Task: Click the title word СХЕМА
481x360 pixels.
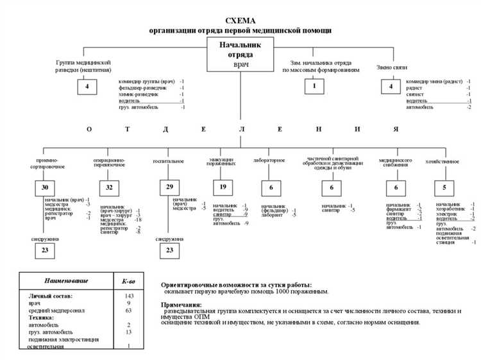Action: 240,21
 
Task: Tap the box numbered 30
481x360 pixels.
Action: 44,188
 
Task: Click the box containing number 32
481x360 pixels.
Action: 108,188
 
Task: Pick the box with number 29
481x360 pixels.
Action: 169,188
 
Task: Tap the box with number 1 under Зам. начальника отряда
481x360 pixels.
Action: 314,85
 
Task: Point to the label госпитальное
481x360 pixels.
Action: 169,160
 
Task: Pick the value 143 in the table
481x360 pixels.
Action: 129,296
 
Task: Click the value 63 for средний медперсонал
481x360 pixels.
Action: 129,311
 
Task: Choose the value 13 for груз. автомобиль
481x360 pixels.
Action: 129,332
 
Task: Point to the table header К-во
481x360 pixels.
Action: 129,282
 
